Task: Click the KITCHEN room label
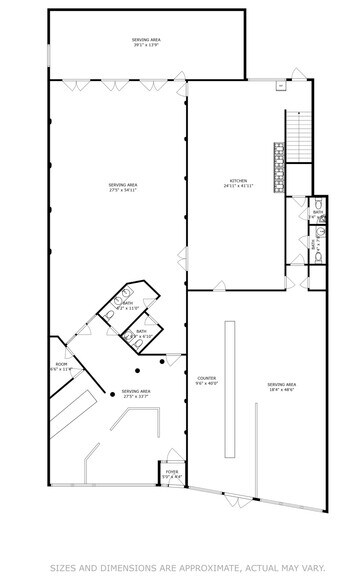[237, 180]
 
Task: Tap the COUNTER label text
[207, 377]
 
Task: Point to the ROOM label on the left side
[61, 364]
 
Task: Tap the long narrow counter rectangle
[229, 385]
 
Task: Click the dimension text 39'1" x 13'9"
[146, 45]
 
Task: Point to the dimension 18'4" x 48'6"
[281, 389]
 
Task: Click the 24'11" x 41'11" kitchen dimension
[237, 186]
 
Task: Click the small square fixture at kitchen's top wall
[282, 85]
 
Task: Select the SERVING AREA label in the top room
[146, 39]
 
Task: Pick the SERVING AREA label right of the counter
[281, 384]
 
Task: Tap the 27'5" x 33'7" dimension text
[135, 397]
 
